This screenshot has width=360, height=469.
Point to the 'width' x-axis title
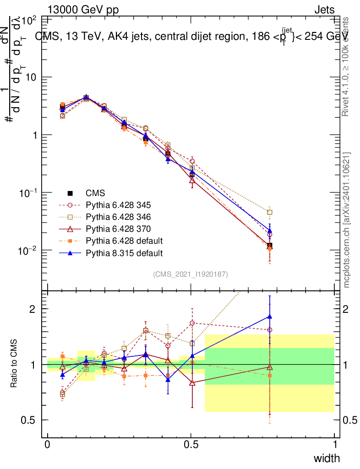(327, 458)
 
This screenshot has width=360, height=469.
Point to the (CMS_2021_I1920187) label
(191, 274)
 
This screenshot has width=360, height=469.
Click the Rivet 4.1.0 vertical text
(346, 66)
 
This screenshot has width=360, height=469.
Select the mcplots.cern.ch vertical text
(346, 220)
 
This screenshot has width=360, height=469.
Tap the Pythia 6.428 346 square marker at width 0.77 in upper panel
(270, 213)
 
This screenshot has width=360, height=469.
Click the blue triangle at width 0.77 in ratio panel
(270, 316)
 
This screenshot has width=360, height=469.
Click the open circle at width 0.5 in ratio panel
(192, 323)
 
